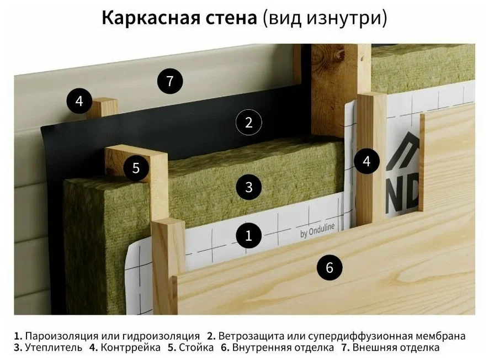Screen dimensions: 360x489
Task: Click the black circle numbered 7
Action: coord(169,81)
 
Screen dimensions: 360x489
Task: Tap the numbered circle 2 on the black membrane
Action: coord(248,123)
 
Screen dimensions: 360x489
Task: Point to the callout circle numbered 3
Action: coord(248,187)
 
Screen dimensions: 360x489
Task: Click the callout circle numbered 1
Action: coord(248,236)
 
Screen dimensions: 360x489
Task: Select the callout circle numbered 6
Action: coord(329,268)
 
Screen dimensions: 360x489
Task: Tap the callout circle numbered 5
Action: coord(136,168)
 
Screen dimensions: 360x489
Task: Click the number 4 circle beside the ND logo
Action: coord(367,162)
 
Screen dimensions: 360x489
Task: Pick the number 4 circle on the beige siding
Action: coord(79,102)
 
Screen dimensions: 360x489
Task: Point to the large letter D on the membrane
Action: coord(412,195)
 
